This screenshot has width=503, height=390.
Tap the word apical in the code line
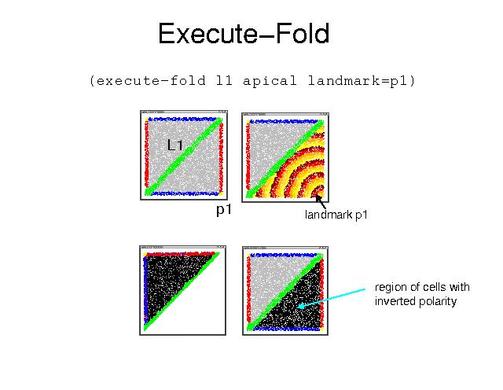[270, 80]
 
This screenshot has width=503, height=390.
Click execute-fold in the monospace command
[151, 80]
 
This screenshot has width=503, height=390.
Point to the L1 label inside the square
[175, 145]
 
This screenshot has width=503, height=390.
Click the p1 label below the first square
[224, 210]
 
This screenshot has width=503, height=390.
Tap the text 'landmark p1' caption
[336, 215]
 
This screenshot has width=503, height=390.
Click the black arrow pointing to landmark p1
[321, 202]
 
